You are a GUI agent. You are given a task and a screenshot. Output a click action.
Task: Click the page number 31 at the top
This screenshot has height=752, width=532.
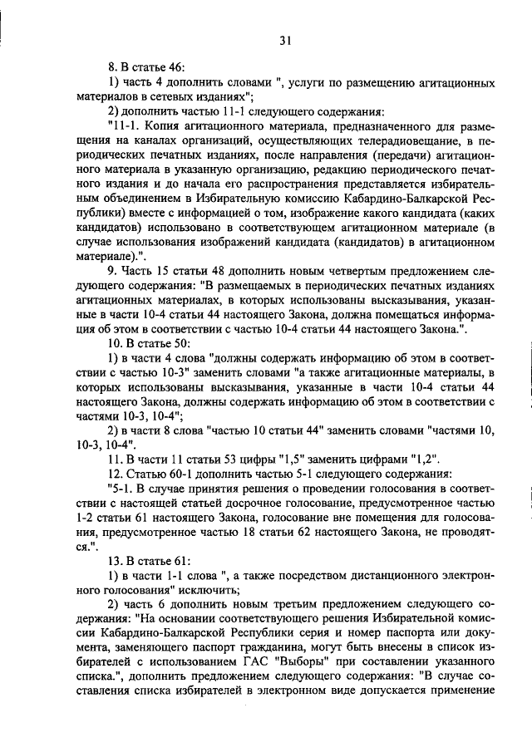pyautogui.click(x=285, y=40)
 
